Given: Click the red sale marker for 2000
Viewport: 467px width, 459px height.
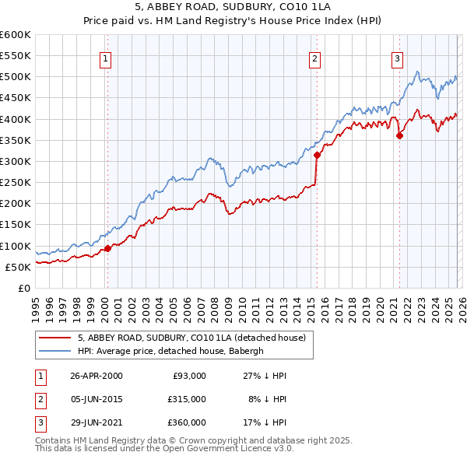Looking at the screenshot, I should pos(107,248).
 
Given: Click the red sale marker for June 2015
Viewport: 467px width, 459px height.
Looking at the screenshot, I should pos(317,155).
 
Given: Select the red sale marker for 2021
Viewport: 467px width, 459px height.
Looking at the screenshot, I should pos(400,135).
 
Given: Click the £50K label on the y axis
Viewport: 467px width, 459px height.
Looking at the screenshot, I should pos(18,267).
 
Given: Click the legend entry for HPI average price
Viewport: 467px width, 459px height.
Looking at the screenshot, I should pos(171,351).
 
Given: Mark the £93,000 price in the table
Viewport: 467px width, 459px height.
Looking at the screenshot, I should pos(188,376).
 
